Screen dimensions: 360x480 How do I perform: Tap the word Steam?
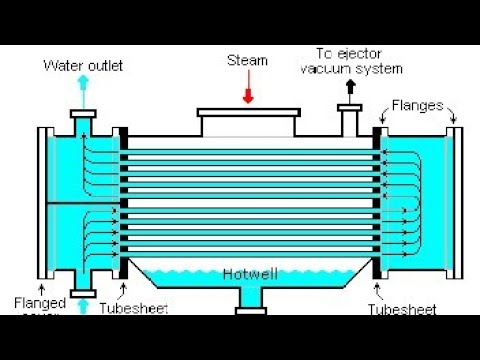tap(248, 60)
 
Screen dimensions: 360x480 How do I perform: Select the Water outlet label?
tap(83, 66)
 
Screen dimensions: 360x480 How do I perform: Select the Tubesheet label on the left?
tap(128, 309)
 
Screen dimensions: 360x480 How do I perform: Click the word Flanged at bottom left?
tap(40, 301)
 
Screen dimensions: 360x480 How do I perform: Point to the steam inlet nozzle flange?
tap(246, 112)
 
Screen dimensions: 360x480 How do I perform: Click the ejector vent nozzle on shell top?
tap(350, 120)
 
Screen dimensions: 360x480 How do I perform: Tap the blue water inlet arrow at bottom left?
tap(82, 305)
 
